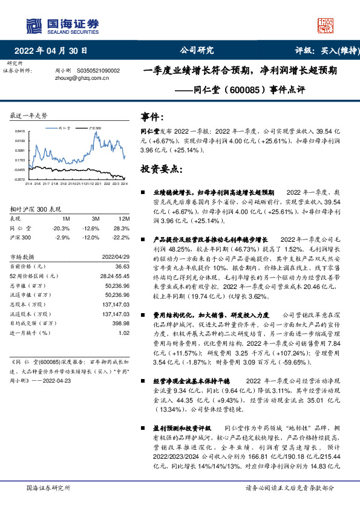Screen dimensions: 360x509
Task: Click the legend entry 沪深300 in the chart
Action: coord(94,129)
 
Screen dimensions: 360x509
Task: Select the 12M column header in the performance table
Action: coord(125,218)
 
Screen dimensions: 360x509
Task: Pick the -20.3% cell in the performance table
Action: coord(62,228)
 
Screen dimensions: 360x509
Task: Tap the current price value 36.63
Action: coord(123,266)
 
